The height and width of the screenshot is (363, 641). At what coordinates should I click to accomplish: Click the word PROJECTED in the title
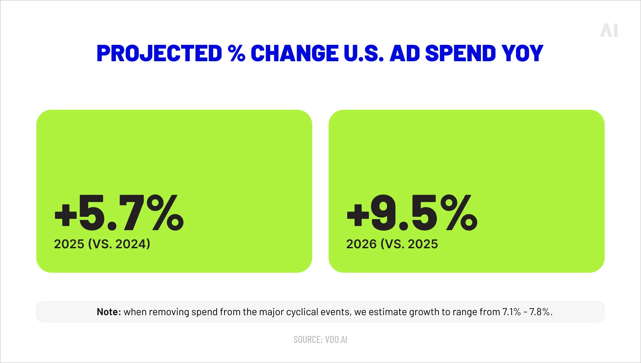(x=159, y=54)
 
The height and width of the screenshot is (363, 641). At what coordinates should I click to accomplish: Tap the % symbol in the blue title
(x=237, y=54)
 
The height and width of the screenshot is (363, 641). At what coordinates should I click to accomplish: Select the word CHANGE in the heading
(x=294, y=54)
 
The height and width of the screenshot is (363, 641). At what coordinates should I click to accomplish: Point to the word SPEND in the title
(x=461, y=54)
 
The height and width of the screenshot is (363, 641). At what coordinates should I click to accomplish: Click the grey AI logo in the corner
(x=609, y=30)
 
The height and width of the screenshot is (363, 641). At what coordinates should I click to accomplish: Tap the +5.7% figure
(x=119, y=213)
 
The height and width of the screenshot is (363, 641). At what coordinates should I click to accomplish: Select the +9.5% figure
(x=412, y=213)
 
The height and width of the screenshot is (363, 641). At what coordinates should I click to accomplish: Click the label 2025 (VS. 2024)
(x=102, y=244)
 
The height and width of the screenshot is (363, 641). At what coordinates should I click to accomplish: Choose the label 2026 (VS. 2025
(x=392, y=244)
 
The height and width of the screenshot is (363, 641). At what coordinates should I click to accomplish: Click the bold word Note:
(x=109, y=312)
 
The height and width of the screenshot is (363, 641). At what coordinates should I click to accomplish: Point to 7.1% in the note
(x=511, y=312)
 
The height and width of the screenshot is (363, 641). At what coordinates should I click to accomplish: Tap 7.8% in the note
(x=540, y=312)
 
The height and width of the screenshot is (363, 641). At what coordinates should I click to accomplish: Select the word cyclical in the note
(x=302, y=312)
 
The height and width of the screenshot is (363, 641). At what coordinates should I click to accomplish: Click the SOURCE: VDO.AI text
(x=320, y=340)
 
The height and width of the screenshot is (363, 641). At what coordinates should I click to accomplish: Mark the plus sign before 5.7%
(x=66, y=215)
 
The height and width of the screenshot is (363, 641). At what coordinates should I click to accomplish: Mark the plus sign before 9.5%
(x=358, y=215)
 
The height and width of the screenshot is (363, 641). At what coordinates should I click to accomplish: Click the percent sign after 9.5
(x=459, y=213)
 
